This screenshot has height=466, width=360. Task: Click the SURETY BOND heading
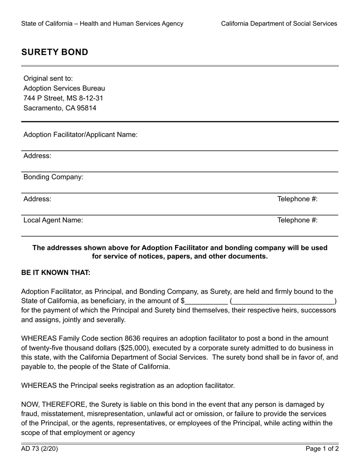55,52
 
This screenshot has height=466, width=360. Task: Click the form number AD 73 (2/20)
39,449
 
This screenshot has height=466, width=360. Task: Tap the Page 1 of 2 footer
322,449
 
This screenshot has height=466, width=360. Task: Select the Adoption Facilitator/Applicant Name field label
80,135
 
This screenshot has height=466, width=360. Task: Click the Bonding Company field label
53,177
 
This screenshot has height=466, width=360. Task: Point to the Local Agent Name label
53,220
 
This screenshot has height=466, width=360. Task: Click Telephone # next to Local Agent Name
297,220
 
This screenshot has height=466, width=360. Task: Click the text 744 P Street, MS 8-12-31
63,98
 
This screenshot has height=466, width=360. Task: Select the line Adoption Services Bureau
64,88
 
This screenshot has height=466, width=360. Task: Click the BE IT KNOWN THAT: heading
56,273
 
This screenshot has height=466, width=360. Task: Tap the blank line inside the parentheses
283,302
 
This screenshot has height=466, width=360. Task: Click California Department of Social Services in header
279,23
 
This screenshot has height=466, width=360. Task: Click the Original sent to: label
48,78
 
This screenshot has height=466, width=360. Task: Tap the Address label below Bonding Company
37,199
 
